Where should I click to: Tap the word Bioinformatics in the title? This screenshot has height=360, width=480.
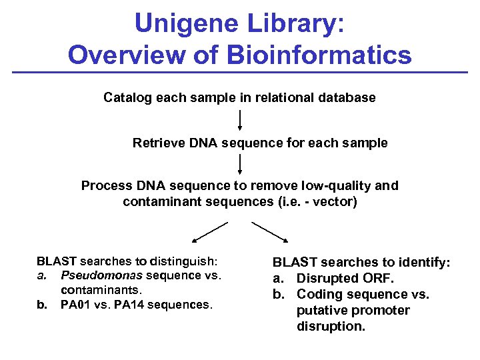(319, 55)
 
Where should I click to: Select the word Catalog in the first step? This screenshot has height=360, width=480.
(127, 98)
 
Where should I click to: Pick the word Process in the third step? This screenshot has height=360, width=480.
(106, 186)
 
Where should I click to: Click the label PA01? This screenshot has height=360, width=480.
(75, 305)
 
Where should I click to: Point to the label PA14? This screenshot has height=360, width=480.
(131, 305)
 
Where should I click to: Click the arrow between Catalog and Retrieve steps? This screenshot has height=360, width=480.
(240, 122)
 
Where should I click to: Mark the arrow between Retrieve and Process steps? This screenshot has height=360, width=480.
(240, 165)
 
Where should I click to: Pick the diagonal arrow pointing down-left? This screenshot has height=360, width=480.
(210, 231)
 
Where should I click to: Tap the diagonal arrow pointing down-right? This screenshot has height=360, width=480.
(270, 231)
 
